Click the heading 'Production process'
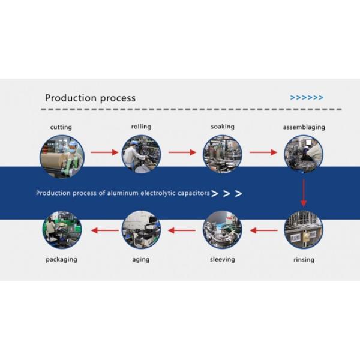[x=91, y=98]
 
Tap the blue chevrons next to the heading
[x=307, y=98]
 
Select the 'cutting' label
[x=61, y=128]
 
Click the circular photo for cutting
[x=61, y=154]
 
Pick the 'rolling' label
[x=141, y=127]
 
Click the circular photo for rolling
[x=141, y=154]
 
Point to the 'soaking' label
[x=222, y=127]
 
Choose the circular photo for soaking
[x=222, y=154]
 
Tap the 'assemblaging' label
[x=304, y=127]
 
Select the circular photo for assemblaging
[x=303, y=154]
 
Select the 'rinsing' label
[x=304, y=260]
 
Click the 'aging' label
[x=141, y=259]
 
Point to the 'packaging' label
[x=61, y=259]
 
